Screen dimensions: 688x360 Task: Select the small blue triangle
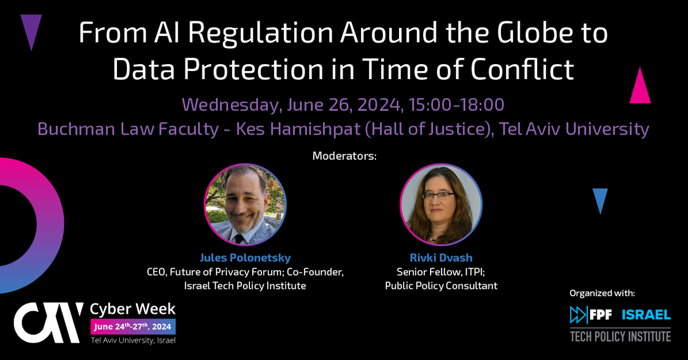pyautogui.click(x=600, y=199)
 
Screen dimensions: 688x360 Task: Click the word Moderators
pyautogui.click(x=344, y=156)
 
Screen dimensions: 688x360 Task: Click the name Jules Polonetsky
pyautogui.click(x=245, y=257)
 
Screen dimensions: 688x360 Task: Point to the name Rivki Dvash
pyautogui.click(x=441, y=257)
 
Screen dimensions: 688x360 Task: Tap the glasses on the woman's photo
pyautogui.click(x=438, y=196)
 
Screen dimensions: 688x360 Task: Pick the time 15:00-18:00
pyautogui.click(x=456, y=104)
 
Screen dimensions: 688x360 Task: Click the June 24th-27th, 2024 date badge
pyautogui.click(x=133, y=327)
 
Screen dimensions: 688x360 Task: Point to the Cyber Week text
pyautogui.click(x=132, y=309)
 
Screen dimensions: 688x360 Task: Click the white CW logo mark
pyautogui.click(x=49, y=323)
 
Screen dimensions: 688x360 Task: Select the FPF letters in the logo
pyautogui.click(x=600, y=315)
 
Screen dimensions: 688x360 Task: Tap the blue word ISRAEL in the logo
pyautogui.click(x=646, y=315)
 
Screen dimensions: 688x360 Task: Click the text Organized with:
pyautogui.click(x=602, y=293)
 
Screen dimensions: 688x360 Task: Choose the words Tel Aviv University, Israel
pyautogui.click(x=133, y=341)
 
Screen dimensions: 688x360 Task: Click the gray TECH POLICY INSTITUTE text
pyautogui.click(x=620, y=336)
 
